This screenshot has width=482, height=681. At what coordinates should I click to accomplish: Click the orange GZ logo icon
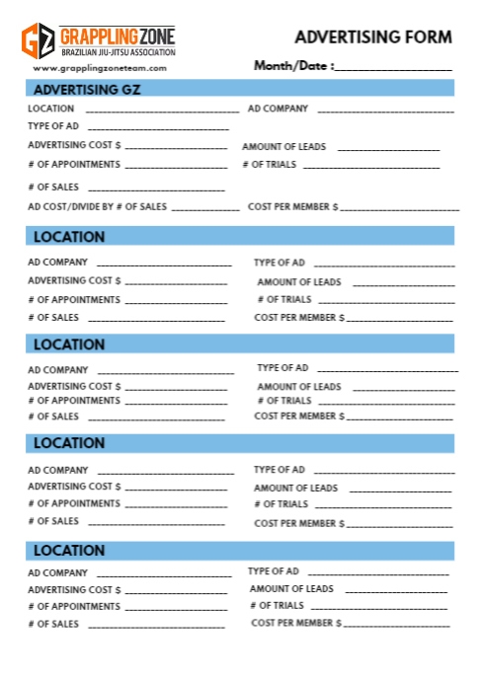39,40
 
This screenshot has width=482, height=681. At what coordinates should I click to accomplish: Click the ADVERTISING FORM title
373,38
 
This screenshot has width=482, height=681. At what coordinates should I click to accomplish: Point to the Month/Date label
293,66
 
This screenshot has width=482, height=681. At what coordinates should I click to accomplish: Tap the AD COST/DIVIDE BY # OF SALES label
97,207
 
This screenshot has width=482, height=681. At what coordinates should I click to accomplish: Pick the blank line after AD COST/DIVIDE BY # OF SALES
205,210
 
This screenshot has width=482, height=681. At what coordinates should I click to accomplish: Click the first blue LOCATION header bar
239,236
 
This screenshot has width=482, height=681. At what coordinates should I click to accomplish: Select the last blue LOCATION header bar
239,550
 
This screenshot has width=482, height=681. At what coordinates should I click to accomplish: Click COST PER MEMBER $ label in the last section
297,624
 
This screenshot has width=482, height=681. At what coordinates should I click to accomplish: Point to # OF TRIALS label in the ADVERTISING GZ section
269,165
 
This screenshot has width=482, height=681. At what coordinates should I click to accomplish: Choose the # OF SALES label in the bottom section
53,624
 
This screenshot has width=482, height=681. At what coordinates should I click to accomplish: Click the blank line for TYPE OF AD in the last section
378,573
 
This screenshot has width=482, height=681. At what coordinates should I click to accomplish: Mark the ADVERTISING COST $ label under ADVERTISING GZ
74,145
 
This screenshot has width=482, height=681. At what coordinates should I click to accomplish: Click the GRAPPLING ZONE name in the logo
119,35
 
